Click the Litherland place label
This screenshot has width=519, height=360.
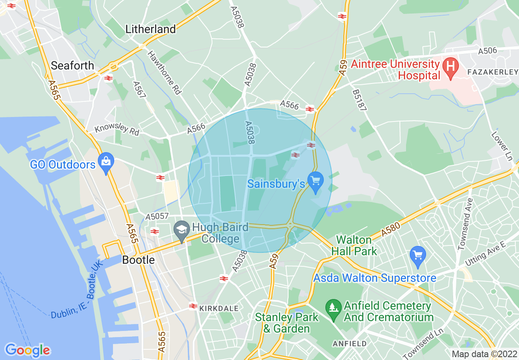point(151,29)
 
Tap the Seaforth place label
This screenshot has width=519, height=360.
point(72,65)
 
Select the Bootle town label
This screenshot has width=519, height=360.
point(139,260)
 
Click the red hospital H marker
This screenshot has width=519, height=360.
point(451,65)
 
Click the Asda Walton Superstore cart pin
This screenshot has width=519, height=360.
point(417,255)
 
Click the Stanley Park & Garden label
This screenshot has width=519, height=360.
point(287,323)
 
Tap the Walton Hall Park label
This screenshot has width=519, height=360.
point(354,245)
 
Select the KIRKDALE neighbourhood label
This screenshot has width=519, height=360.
point(219,308)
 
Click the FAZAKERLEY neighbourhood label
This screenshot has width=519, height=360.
point(492,72)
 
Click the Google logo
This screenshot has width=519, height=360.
point(27,350)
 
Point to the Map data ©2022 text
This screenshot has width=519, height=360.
point(484,354)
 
